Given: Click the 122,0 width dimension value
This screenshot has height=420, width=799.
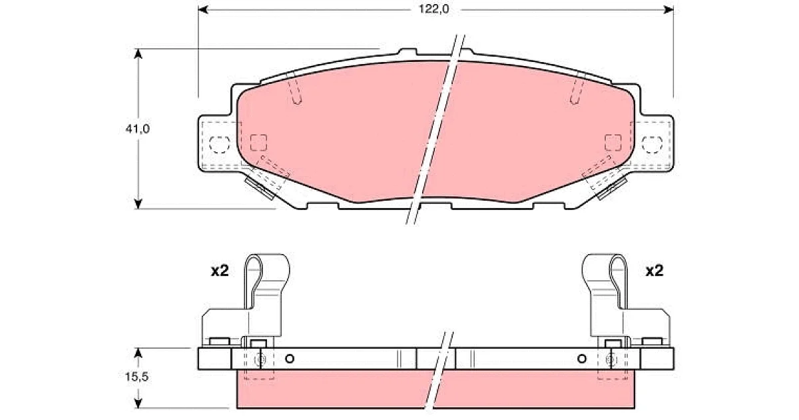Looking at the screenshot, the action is click(x=433, y=9).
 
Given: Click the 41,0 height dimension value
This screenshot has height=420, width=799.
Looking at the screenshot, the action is click(x=137, y=129).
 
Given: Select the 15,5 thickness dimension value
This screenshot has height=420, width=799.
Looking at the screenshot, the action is click(x=137, y=377).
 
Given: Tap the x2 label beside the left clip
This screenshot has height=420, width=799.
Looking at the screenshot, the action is click(x=220, y=271).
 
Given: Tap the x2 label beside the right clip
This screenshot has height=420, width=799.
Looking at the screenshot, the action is click(x=655, y=271).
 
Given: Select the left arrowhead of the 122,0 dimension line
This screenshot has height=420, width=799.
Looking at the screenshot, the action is click(x=203, y=9).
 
